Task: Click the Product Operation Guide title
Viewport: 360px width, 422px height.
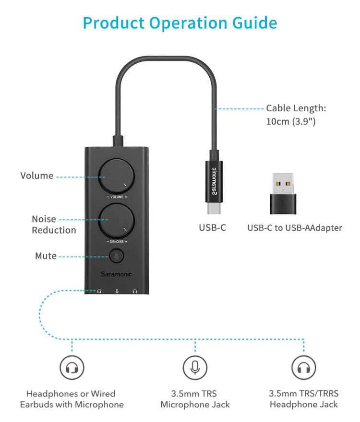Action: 180,23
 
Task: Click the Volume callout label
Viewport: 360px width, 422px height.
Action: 37,176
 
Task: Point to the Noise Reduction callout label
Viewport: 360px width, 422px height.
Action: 54,224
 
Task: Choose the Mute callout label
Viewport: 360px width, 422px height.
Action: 46,256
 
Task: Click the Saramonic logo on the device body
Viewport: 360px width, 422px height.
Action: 116,274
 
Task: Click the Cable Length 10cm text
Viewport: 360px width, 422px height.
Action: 296,115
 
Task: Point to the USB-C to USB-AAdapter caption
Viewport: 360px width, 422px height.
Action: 295,228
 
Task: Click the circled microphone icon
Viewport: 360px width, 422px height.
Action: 195,368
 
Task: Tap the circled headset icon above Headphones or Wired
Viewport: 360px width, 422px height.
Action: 72,368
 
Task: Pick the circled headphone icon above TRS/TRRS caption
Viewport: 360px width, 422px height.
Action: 304,368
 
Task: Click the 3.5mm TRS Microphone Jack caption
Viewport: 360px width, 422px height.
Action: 195,399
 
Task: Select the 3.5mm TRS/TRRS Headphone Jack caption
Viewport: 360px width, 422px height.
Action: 303,399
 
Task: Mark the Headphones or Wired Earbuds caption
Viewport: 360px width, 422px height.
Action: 72,399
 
